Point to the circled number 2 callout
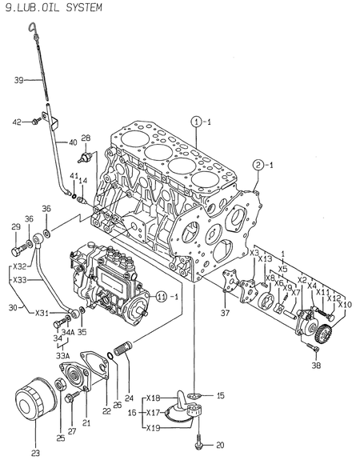click(258, 166)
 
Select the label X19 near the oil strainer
click(154, 428)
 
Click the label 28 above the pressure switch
click(86, 138)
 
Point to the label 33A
click(62, 355)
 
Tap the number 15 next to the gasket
click(221, 395)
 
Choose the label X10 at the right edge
click(345, 304)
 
